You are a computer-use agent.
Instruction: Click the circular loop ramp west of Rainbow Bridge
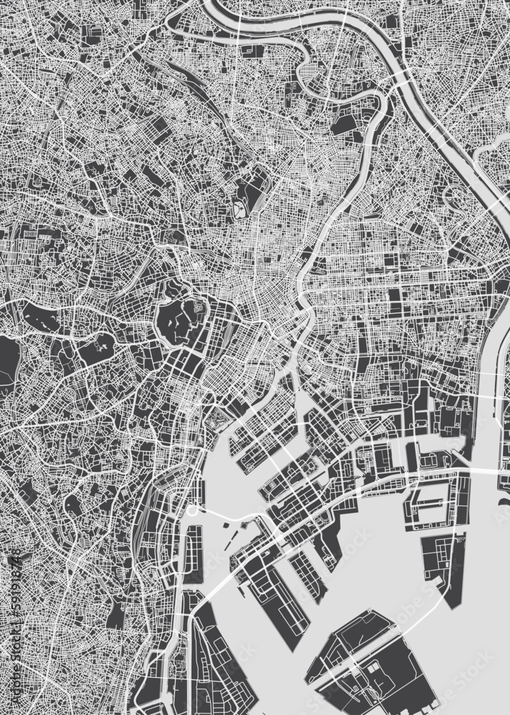pos(193,512)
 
